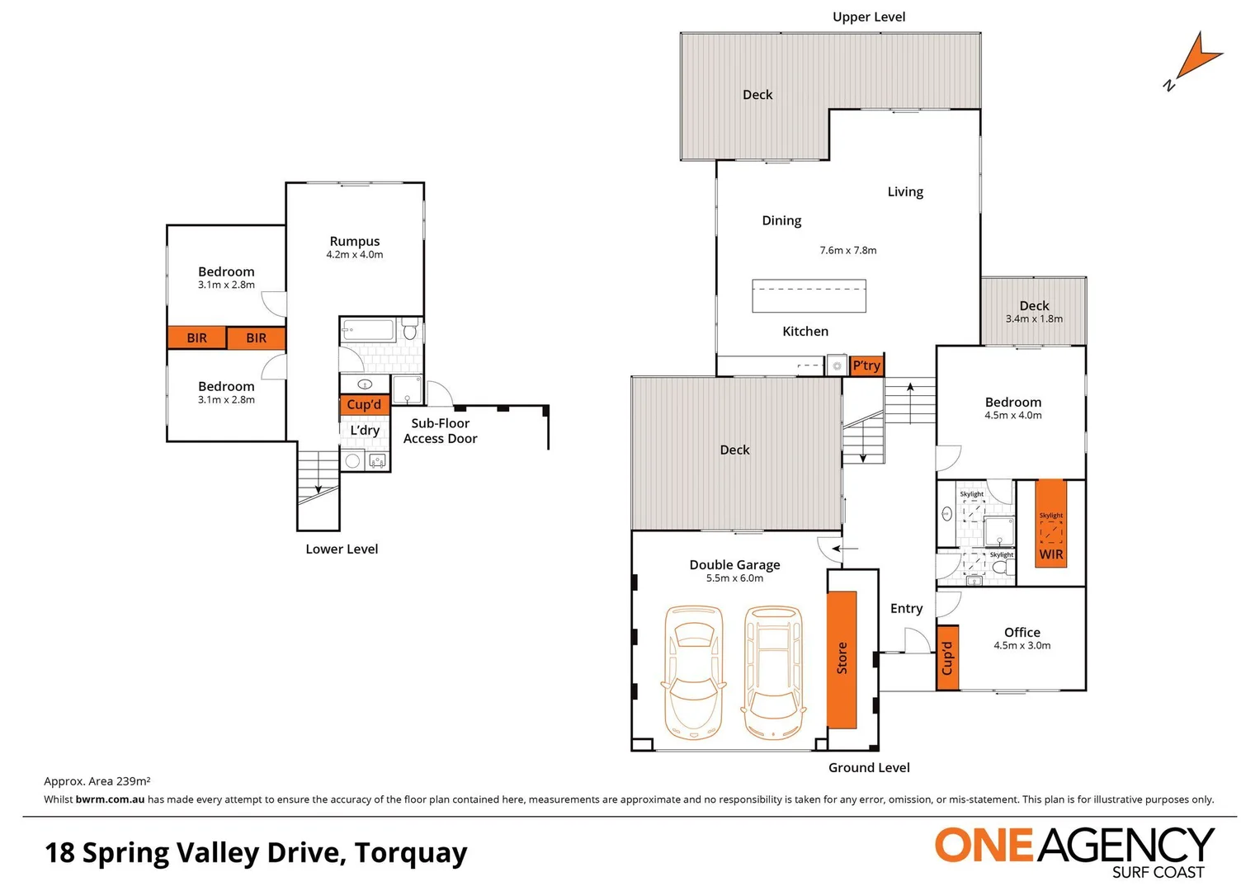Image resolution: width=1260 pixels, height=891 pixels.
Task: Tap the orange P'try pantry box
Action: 866,365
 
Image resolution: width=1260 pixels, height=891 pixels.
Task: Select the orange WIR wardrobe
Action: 1050,524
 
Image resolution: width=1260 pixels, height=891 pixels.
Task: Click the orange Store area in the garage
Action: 842,658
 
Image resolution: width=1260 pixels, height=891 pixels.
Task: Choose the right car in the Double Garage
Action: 773,672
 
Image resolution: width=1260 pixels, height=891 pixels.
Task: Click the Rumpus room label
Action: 354,241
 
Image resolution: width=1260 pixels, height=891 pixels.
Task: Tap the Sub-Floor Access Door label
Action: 440,431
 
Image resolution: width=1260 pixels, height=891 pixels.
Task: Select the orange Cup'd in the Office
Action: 947,658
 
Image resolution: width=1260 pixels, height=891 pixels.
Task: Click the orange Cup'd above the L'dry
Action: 364,404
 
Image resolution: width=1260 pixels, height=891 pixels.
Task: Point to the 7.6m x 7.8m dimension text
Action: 847,250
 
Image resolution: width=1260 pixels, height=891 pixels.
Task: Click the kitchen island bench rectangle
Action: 809,296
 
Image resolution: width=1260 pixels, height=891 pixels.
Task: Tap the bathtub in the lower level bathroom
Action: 369,331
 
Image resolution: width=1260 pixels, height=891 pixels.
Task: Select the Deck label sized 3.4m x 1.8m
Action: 1033,306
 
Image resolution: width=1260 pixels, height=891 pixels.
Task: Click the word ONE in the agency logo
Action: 984,846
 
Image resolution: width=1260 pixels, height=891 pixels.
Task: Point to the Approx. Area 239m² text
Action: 97,780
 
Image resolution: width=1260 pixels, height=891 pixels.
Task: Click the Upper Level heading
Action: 868,16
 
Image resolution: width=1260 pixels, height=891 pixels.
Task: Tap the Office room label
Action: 1022,632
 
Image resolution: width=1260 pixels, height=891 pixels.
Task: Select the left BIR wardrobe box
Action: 196,337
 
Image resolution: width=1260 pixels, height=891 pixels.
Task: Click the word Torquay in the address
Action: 410,852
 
